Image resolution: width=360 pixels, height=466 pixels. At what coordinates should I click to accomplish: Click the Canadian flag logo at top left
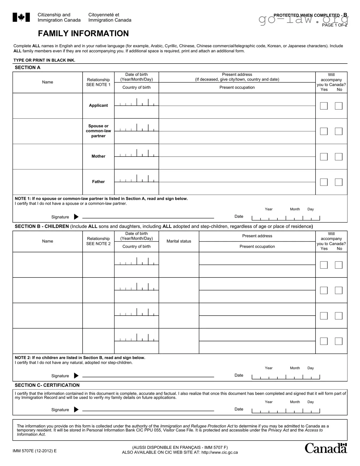tap(21, 17)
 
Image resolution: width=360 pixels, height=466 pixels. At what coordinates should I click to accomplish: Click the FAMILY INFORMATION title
tap(83, 34)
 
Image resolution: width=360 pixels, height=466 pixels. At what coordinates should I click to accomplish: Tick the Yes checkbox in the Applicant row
tap(324, 106)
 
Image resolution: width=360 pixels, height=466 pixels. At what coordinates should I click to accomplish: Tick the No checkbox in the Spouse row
tap(339, 131)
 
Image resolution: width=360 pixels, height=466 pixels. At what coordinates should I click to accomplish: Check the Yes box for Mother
tap(324, 157)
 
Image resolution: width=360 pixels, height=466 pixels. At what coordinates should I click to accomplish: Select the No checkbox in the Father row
tap(339, 182)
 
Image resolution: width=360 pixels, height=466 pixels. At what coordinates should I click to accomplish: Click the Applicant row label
tap(98, 106)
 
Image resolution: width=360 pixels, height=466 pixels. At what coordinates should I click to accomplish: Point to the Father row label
tap(98, 182)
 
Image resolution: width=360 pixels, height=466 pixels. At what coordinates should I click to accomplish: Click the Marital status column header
tap(179, 241)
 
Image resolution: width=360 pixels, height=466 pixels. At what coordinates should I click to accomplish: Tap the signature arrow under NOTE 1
tap(76, 217)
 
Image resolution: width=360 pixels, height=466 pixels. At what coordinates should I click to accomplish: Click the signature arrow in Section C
tap(76, 410)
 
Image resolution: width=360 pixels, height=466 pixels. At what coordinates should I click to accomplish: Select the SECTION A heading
tap(28, 68)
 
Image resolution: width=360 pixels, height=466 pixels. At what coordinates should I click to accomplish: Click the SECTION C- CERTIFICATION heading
tap(47, 385)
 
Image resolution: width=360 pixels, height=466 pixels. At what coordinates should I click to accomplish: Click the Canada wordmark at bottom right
tap(326, 449)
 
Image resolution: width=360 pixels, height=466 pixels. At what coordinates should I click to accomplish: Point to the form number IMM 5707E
tap(35, 451)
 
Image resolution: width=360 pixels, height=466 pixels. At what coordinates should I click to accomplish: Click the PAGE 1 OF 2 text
tap(335, 25)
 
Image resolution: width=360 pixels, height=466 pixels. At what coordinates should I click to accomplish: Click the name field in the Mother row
tap(47, 157)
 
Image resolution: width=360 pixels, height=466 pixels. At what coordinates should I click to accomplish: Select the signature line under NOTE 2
tap(148, 377)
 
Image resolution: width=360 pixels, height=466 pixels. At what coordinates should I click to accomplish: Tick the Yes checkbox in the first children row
tap(324, 265)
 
